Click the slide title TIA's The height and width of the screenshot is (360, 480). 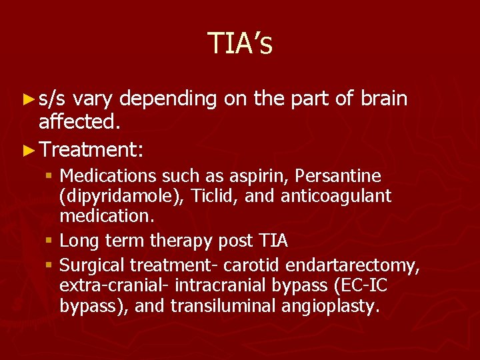239,43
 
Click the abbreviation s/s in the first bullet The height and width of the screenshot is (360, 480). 52,99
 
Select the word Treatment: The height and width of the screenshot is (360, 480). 91,147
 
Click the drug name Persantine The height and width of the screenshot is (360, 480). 338,177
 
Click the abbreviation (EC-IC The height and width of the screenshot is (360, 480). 357,286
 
